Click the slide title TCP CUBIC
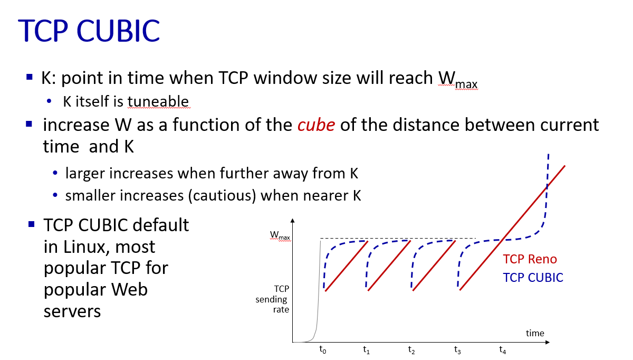pyautogui.click(x=89, y=31)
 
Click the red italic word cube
pyautogui.click(x=316, y=125)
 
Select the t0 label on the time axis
pyautogui.click(x=322, y=350)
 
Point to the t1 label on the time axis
pyautogui.click(x=366, y=350)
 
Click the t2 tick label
pyautogui.click(x=411, y=350)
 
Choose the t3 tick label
pyautogui.click(x=457, y=350)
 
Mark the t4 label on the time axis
pyautogui.click(x=502, y=350)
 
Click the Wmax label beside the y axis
pyautogui.click(x=280, y=235)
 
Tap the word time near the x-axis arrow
pyautogui.click(x=535, y=333)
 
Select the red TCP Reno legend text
pyautogui.click(x=530, y=259)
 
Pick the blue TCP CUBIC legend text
pyautogui.click(x=533, y=278)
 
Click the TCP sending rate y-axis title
pyautogui.click(x=272, y=299)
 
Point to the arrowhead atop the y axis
pyautogui.click(x=292, y=221)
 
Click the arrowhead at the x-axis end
pyautogui.click(x=548, y=342)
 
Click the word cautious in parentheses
pyautogui.click(x=222, y=196)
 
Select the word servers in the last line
pyautogui.click(x=72, y=311)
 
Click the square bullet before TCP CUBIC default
pyautogui.click(x=31, y=224)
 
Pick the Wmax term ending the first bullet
pyautogui.click(x=458, y=79)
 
